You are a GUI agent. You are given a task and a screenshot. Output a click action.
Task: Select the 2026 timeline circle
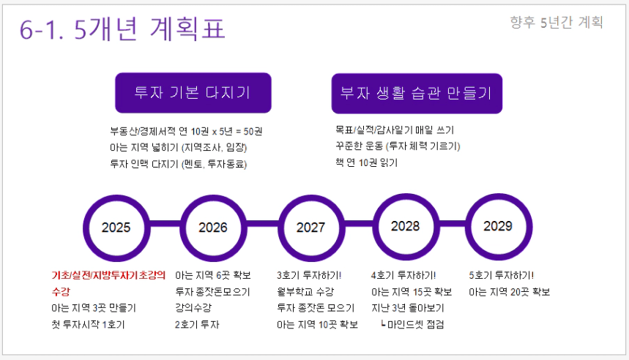pos(182,228)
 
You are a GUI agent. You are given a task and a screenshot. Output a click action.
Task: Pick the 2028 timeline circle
pos(375,227)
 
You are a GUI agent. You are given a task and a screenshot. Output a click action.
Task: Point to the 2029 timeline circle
pos(468,227)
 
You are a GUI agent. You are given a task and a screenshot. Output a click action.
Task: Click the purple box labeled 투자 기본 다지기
pos(193,93)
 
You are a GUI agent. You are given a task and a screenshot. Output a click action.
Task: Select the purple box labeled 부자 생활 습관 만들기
pos(417,94)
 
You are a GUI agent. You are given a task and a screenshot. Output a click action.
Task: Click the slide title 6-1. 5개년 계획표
pos(122,29)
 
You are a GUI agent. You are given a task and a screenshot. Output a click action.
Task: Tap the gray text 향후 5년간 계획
pos(557,23)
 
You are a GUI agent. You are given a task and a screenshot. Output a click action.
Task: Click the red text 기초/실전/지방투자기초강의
pos(108,275)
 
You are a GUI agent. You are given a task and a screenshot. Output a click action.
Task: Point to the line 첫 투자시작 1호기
pos(88,324)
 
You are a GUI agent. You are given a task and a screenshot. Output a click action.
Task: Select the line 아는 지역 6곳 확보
pos(213,275)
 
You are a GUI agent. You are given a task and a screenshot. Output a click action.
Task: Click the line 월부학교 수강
pos(305,292)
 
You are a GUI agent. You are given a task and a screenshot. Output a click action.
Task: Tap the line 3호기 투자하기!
pos(309,275)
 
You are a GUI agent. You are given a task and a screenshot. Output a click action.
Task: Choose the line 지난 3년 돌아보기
pos(408,308)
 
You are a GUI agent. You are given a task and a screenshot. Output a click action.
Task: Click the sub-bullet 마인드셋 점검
pos(412,324)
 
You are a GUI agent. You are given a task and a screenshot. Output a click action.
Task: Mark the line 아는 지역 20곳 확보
pos(510,292)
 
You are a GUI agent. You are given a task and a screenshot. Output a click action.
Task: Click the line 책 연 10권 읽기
pos(367,162)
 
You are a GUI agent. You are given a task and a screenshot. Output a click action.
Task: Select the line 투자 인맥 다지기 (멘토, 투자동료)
pos(179,164)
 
